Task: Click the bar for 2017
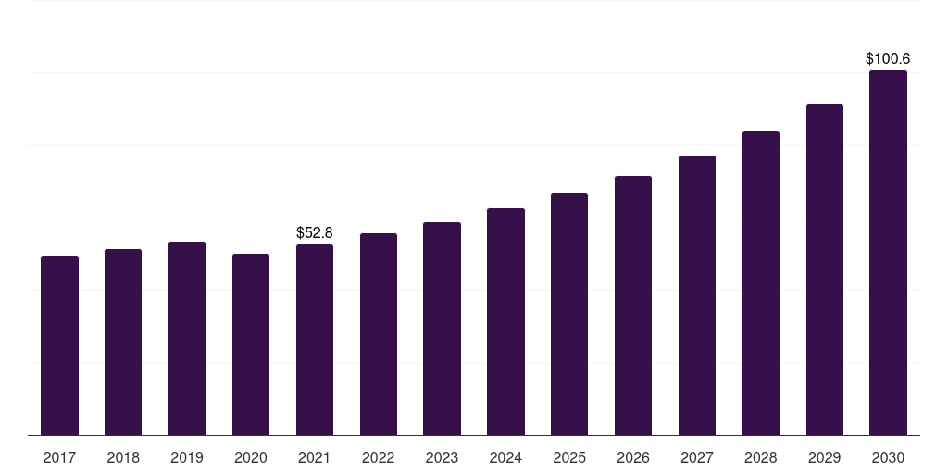pyautogui.click(x=59, y=345)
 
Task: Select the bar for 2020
pyautogui.click(x=251, y=344)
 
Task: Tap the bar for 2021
pyautogui.click(x=315, y=340)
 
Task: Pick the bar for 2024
pyautogui.click(x=505, y=321)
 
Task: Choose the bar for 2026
pyautogui.click(x=633, y=306)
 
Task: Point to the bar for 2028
pyautogui.click(x=761, y=283)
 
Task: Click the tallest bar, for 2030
pyautogui.click(x=888, y=253)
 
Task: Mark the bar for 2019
pyautogui.click(x=187, y=338)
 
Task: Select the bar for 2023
pyautogui.click(x=442, y=329)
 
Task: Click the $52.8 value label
pyautogui.click(x=315, y=232)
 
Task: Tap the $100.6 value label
pyautogui.click(x=888, y=58)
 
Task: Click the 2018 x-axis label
pyautogui.click(x=123, y=457)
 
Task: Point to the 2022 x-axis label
pyautogui.click(x=378, y=457)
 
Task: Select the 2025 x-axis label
pyautogui.click(x=569, y=457)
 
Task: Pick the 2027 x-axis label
pyautogui.click(x=697, y=457)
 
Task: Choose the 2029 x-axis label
pyautogui.click(x=824, y=457)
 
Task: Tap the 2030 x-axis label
pyautogui.click(x=888, y=457)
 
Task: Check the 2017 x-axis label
pyautogui.click(x=59, y=457)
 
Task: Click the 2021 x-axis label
pyautogui.click(x=315, y=457)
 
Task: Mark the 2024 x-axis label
pyautogui.click(x=505, y=457)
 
